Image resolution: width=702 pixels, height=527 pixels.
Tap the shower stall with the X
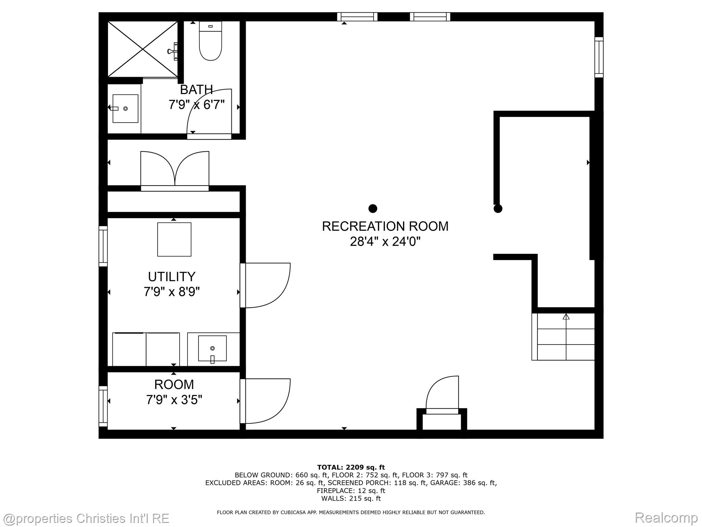(x=143, y=49)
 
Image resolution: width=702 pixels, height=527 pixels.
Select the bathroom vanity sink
(x=125, y=108)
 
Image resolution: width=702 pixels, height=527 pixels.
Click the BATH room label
(x=196, y=90)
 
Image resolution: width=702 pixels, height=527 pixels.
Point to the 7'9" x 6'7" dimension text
(x=196, y=105)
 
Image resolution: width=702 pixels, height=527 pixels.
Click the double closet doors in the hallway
(x=175, y=170)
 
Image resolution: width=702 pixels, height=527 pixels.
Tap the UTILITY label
(x=172, y=277)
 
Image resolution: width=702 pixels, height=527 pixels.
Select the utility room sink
(x=213, y=348)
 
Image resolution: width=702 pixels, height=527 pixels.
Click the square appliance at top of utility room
(x=174, y=239)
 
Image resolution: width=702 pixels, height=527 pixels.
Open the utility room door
(x=266, y=285)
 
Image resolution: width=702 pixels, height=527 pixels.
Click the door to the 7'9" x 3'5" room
(x=266, y=401)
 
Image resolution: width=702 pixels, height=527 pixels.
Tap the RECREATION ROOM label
(x=385, y=226)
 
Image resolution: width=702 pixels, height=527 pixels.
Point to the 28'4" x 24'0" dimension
(x=385, y=242)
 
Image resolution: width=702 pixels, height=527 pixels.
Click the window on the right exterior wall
(x=599, y=57)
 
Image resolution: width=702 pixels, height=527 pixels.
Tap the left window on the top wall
(x=357, y=17)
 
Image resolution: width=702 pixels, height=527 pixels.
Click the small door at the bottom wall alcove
(x=442, y=395)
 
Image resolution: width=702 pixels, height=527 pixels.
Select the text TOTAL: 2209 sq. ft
(x=351, y=467)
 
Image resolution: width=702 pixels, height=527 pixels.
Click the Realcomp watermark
(x=666, y=517)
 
